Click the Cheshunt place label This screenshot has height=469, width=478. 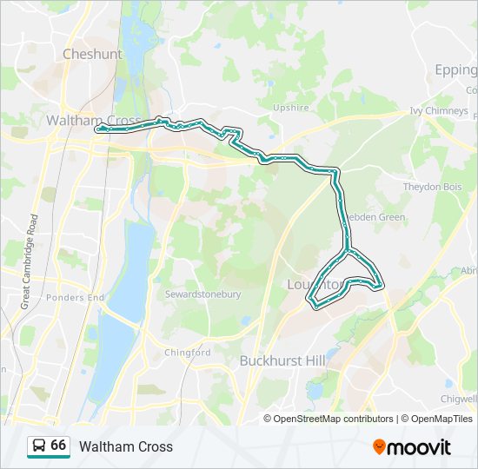tap(92, 54)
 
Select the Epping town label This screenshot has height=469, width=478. tap(455, 69)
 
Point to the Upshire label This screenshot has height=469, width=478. tap(290, 108)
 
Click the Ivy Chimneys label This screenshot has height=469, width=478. tap(439, 110)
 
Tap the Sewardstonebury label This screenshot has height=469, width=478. tap(202, 294)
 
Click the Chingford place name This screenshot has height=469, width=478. tap(188, 353)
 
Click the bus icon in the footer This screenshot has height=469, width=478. tap(38, 446)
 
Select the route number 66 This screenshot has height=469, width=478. tap(58, 446)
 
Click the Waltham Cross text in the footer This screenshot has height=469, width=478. tap(126, 446)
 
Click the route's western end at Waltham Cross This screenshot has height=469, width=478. tap(97, 129)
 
